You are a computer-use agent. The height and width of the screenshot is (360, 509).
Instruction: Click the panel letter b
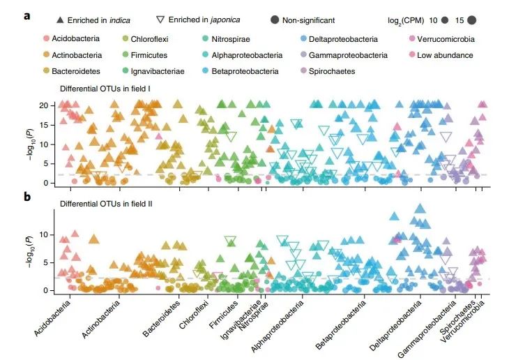[27, 197]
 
